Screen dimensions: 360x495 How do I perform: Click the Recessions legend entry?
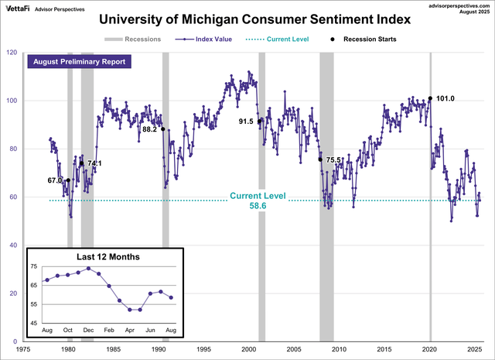point(135,38)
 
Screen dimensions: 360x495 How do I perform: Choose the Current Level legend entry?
point(279,38)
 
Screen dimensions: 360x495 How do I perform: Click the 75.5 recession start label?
point(333,160)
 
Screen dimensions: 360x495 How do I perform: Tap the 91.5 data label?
point(246,122)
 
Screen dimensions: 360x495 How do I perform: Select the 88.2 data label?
point(150,130)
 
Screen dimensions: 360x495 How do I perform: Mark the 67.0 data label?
point(54,180)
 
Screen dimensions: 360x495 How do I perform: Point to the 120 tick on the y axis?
point(12,53)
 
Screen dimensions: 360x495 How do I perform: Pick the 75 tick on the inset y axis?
point(33,266)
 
